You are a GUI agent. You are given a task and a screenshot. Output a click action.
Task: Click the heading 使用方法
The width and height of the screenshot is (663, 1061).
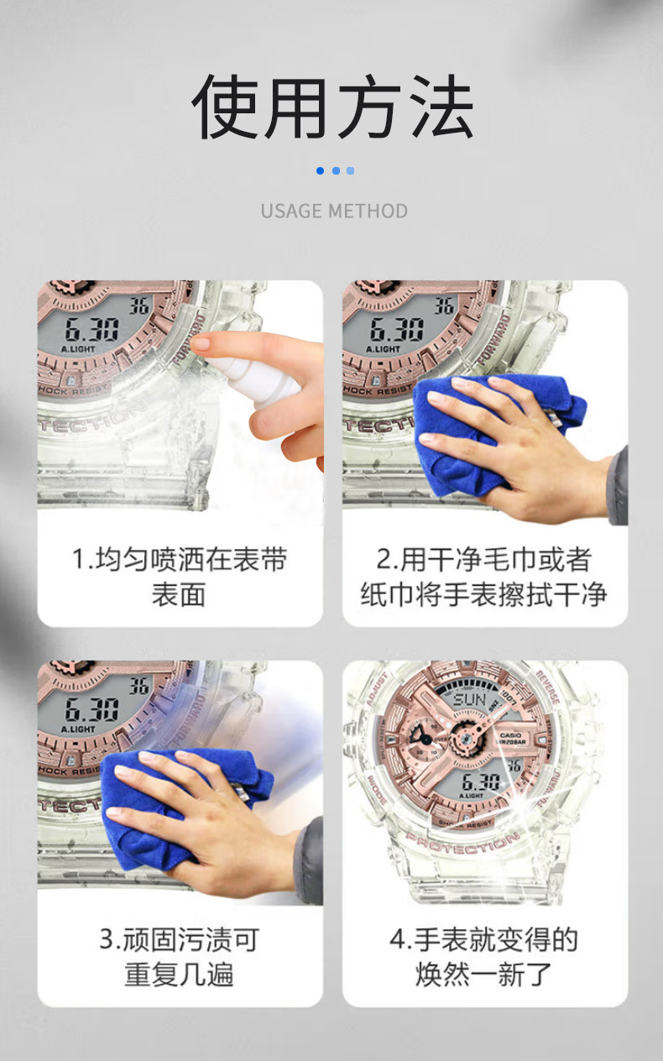(333, 107)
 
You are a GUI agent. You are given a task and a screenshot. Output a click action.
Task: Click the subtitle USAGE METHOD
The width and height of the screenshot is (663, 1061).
(333, 211)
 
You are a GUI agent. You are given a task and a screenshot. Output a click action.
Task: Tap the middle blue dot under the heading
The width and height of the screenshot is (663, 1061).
(335, 170)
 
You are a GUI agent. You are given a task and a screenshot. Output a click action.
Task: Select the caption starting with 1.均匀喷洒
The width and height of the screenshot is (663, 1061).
(180, 577)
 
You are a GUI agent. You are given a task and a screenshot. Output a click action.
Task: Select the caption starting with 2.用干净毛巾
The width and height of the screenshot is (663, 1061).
(483, 577)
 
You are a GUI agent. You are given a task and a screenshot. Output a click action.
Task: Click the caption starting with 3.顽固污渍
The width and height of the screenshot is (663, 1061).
(180, 957)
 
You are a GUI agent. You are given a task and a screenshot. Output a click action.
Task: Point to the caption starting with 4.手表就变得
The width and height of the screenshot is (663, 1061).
(483, 957)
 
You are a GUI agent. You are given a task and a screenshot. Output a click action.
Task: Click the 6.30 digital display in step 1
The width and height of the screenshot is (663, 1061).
(91, 328)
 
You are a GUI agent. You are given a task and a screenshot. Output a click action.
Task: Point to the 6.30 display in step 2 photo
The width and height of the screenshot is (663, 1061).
(396, 328)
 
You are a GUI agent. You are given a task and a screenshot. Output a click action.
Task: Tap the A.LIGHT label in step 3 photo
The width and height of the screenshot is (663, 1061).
(78, 729)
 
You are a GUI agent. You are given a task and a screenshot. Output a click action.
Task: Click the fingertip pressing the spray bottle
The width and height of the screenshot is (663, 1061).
(201, 343)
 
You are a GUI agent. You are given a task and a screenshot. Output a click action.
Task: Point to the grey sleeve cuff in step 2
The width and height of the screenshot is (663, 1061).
(618, 487)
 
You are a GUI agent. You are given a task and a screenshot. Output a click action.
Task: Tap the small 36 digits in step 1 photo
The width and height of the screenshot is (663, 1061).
(139, 306)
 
